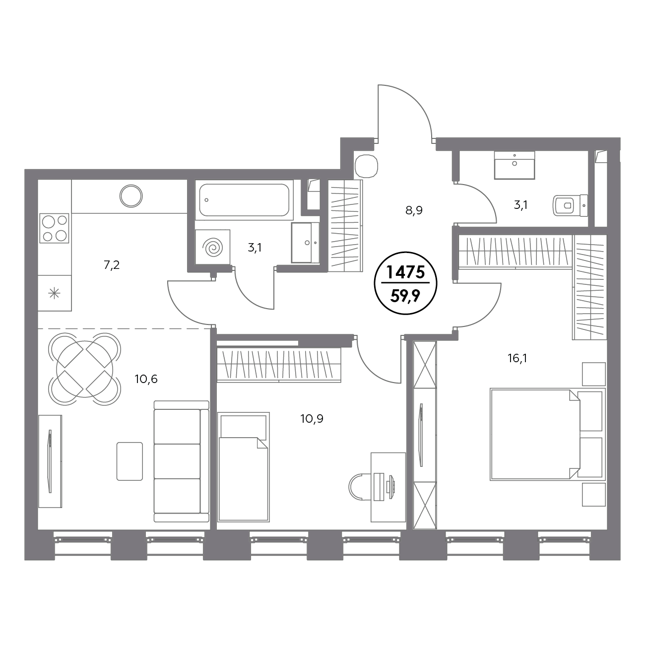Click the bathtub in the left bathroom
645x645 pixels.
pyautogui.click(x=244, y=200)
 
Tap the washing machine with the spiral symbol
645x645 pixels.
pyautogui.click(x=212, y=248)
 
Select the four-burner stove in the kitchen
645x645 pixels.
pyautogui.click(x=54, y=228)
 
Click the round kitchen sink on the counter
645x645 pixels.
pyautogui.click(x=131, y=196)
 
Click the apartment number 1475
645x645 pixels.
pyautogui.click(x=406, y=272)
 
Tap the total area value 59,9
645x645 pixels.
pyautogui.click(x=405, y=296)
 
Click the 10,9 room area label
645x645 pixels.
pyautogui.click(x=312, y=418)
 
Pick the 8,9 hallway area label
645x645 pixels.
pyautogui.click(x=414, y=210)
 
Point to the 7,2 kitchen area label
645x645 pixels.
pyautogui.click(x=112, y=265)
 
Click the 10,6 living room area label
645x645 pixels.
pyautogui.click(x=146, y=379)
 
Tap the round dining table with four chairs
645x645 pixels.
pyautogui.click(x=85, y=369)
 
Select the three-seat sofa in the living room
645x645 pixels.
pyautogui.click(x=182, y=461)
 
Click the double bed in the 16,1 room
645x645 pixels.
pyautogui.click(x=547, y=435)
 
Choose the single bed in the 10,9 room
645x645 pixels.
pyautogui.click(x=243, y=467)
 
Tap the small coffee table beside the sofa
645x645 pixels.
pyautogui.click(x=129, y=461)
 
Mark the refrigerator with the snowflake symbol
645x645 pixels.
pyautogui.click(x=55, y=293)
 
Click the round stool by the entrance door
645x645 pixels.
pyautogui.click(x=366, y=166)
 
